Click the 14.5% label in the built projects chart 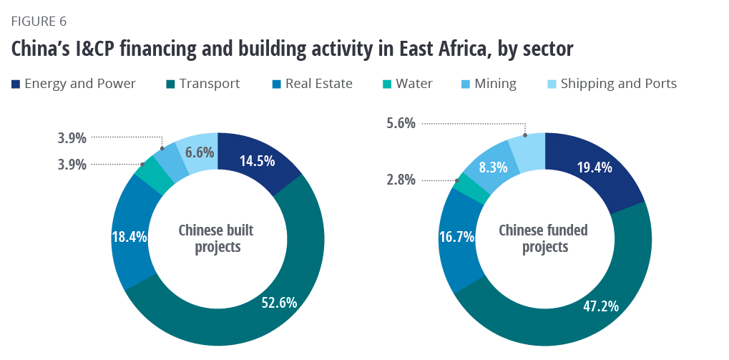(x=258, y=161)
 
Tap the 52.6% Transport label (x=278, y=302)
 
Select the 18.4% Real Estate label (x=129, y=236)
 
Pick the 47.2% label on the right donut (x=601, y=306)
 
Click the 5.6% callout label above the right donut (x=400, y=123)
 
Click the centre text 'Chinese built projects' (x=216, y=239)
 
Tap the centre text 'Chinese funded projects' (x=543, y=239)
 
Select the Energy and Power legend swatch (x=16, y=84)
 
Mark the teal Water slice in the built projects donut (x=154, y=172)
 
